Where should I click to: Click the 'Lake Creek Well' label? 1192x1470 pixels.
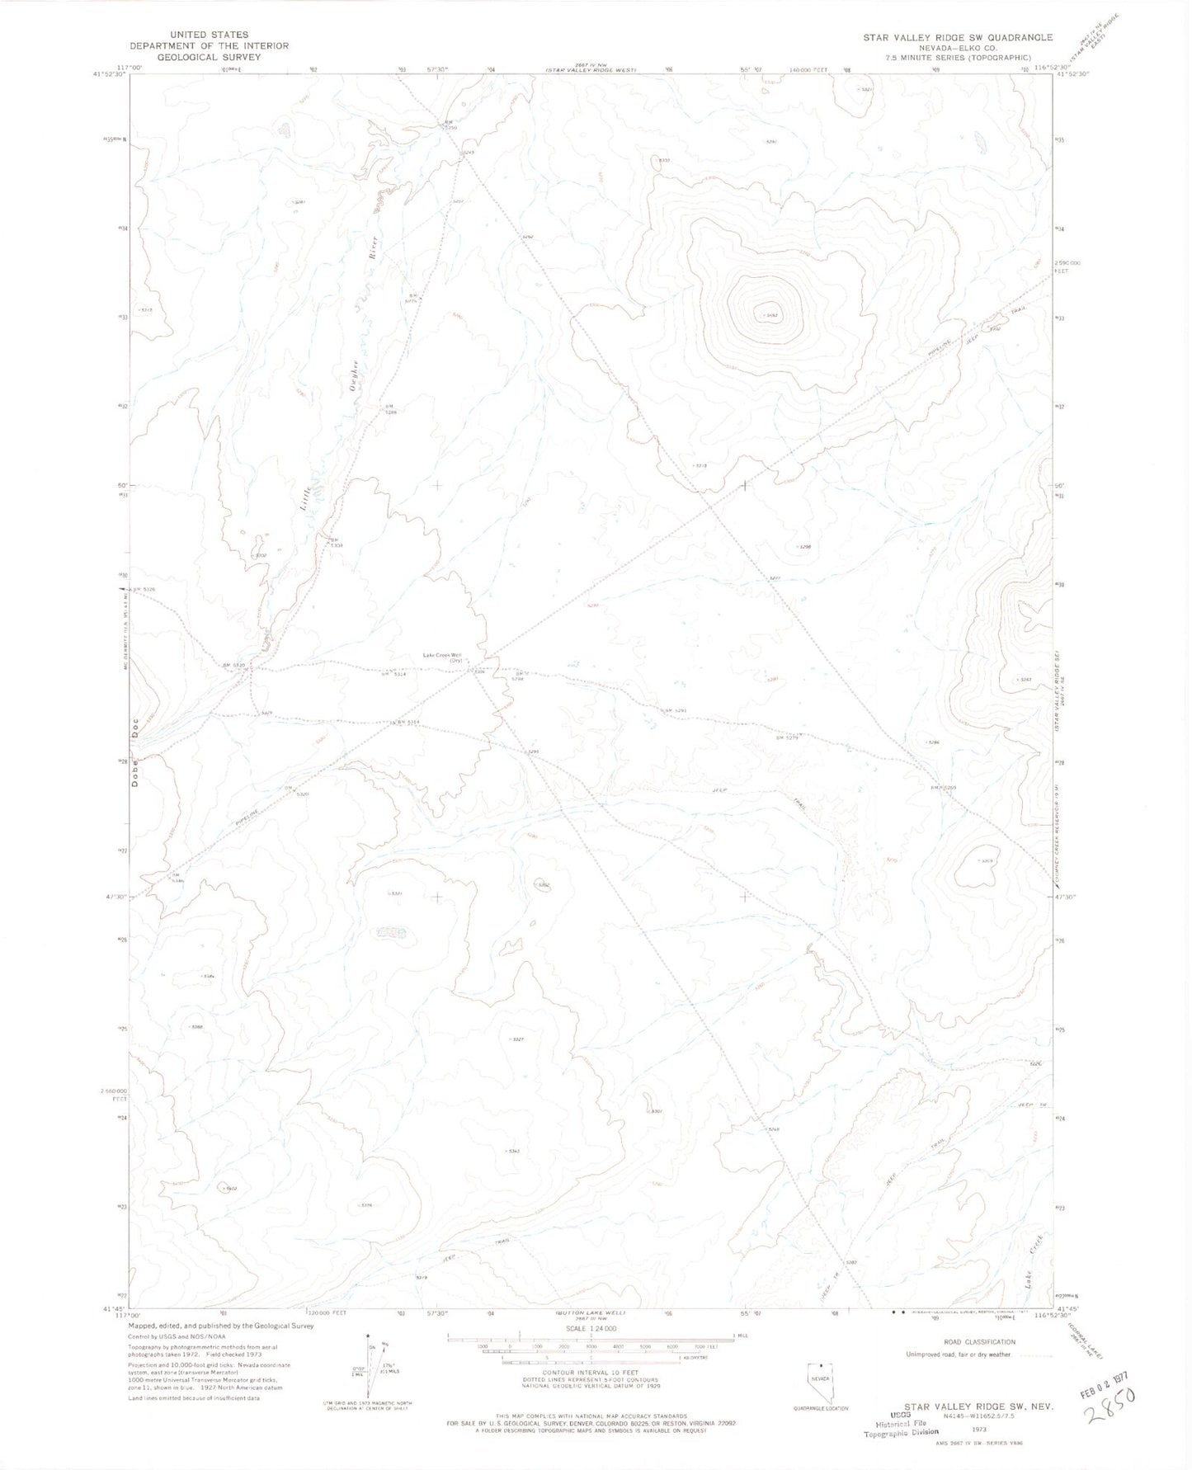click(x=441, y=655)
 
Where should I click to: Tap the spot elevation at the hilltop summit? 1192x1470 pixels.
click(x=770, y=314)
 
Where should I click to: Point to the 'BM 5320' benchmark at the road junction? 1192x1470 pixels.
click(x=234, y=665)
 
